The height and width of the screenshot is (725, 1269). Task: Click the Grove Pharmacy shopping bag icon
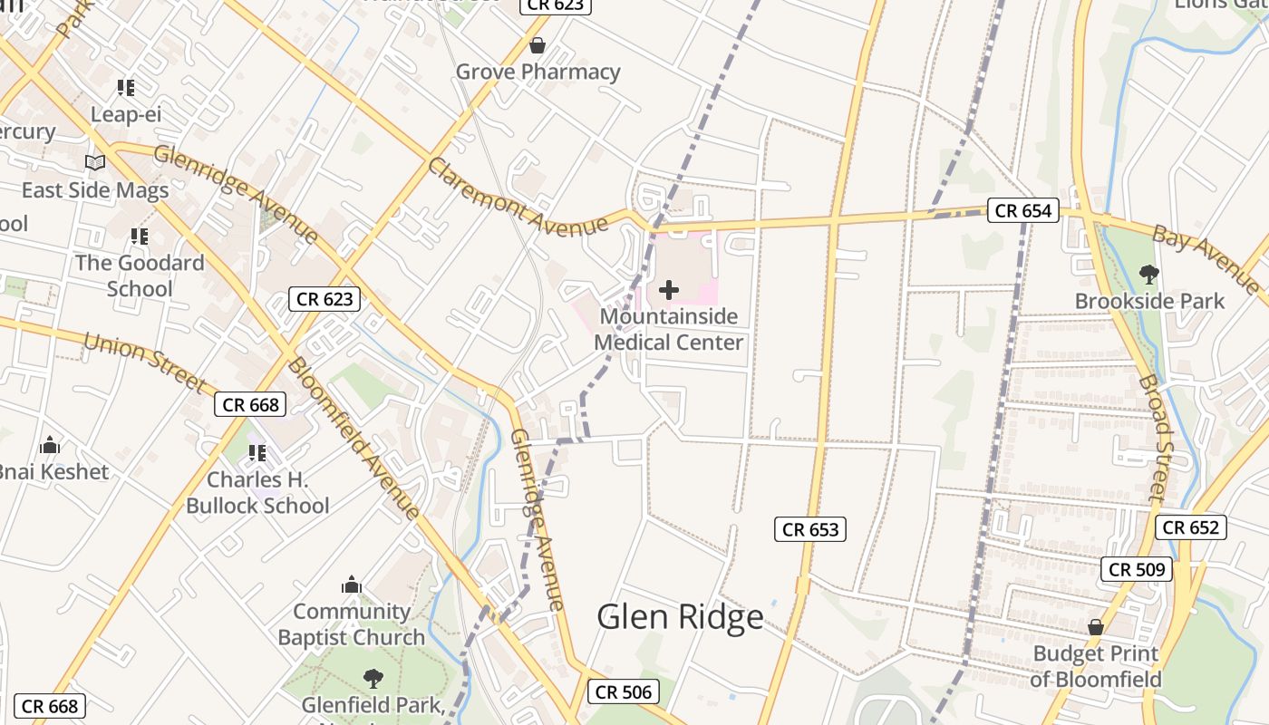538,44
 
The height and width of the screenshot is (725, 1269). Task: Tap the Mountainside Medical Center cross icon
669,290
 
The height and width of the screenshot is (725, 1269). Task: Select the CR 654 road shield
1023,211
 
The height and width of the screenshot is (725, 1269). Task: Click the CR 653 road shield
810,529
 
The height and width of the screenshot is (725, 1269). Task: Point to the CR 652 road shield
1190,527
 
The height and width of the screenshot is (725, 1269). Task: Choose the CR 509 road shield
1138,569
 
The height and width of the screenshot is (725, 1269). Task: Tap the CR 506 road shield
623,692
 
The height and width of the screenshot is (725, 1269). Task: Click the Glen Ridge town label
680,617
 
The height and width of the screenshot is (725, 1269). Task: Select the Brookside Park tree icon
1148,274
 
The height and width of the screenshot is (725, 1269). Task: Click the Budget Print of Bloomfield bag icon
1095,627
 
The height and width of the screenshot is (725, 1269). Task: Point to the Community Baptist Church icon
352,585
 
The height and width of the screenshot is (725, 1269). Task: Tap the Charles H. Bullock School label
257,492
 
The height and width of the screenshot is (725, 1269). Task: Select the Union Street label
145,361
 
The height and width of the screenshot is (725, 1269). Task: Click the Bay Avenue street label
1206,258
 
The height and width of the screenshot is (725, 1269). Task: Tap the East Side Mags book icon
95,163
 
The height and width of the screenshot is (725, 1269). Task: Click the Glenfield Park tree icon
373,678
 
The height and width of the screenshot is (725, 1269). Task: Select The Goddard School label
140,275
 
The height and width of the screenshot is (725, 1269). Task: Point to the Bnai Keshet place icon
51,445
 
